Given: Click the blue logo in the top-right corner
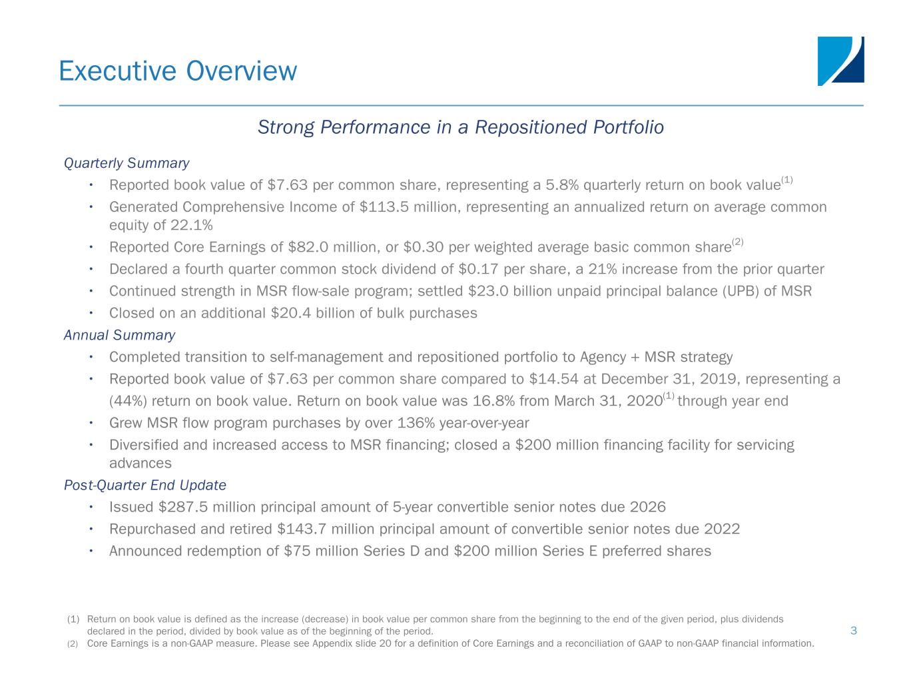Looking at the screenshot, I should coord(840,61).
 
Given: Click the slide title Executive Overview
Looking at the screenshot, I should coord(178,71).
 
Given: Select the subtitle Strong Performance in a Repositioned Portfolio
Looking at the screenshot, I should coord(460,127).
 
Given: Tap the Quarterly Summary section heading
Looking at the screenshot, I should coord(127,163).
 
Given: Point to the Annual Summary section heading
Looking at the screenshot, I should coord(119,335).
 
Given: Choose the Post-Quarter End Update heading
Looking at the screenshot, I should coord(145,485).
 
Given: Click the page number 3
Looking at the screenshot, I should coord(853,631).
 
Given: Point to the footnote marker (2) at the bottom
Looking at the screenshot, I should coord(73,643).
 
